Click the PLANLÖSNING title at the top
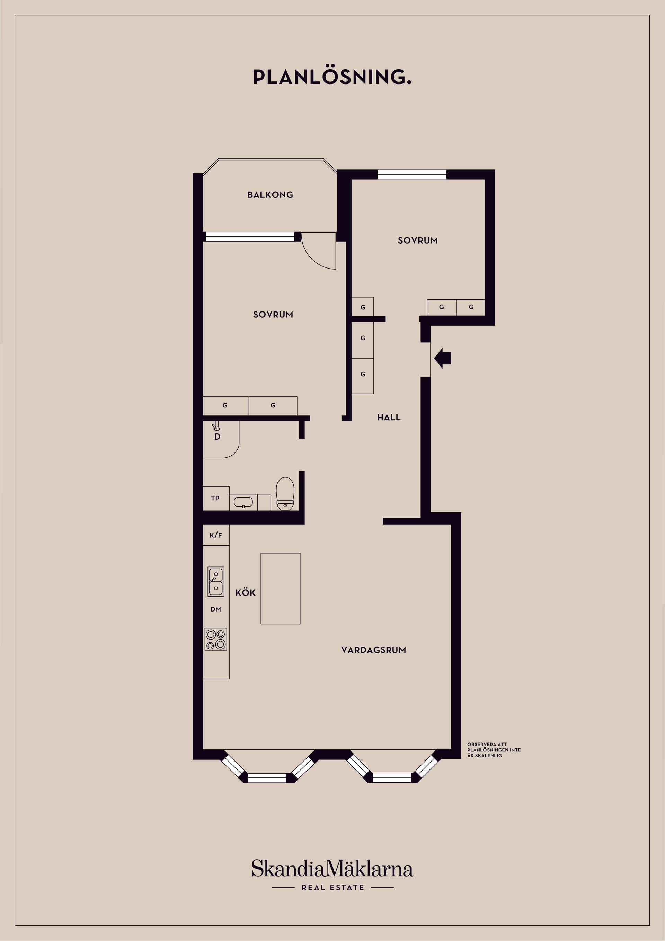[332, 77]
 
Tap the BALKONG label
[270, 195]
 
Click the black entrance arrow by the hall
[443, 358]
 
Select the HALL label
[388, 417]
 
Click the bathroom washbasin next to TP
[243, 502]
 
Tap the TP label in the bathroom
[215, 498]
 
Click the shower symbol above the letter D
[215, 426]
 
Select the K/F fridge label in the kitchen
[215, 535]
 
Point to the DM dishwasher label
[216, 609]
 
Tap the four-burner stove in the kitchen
[216, 639]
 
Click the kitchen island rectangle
[281, 589]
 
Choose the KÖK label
[246, 593]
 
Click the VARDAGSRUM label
[373, 650]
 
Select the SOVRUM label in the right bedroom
[417, 240]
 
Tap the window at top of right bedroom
[412, 175]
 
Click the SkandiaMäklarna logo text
[332, 869]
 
